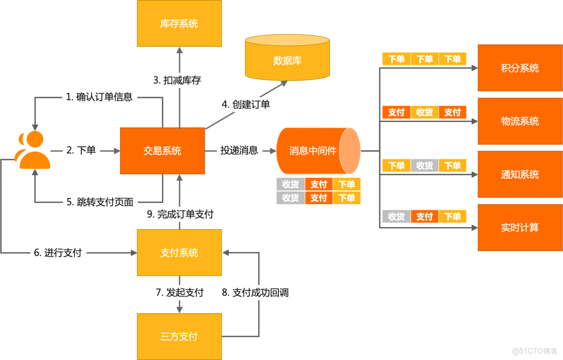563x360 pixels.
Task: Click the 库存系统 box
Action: pos(179,23)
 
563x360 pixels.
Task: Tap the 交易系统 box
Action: pos(162,151)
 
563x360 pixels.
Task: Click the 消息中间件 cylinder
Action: pos(313,151)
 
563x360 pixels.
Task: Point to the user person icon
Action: pos(33,151)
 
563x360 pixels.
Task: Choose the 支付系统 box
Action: pos(179,253)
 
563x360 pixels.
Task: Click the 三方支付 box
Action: pos(179,336)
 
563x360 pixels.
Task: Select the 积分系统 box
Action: pos(520,68)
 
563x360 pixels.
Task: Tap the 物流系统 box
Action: pos(520,121)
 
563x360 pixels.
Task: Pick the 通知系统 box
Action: pos(520,174)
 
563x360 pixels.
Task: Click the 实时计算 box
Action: pos(520,227)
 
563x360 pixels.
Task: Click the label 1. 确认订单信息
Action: pos(100,96)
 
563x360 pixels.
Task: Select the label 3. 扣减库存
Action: pos(177,81)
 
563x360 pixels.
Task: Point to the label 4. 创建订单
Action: pos(246,104)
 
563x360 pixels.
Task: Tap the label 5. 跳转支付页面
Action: pos(100,202)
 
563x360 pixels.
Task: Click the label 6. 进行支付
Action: pos(58,253)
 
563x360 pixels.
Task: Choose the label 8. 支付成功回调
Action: pos(255,292)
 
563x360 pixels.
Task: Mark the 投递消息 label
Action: pos(239,151)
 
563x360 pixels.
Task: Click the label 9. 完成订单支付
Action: pos(180,214)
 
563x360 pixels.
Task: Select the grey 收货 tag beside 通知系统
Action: pos(424,166)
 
